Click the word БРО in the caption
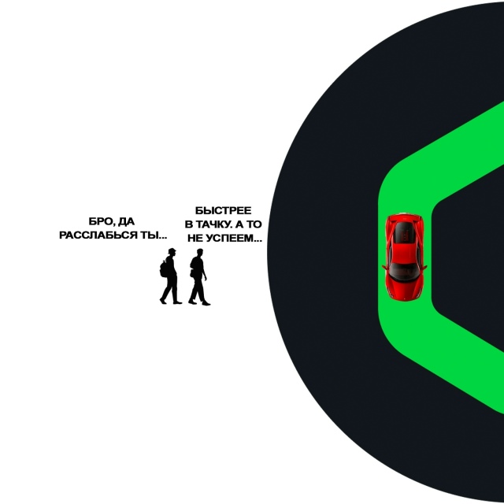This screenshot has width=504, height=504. (100, 221)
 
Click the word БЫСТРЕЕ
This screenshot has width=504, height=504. (223, 210)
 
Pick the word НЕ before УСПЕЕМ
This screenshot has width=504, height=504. (196, 237)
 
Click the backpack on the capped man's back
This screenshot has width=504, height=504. (165, 269)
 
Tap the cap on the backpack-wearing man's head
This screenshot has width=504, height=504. (171, 250)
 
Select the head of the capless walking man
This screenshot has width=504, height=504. (198, 252)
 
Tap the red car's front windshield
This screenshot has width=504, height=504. (405, 270)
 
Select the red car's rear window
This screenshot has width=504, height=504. (405, 232)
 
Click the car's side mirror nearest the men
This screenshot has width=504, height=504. (384, 267)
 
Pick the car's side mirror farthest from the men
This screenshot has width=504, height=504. (426, 267)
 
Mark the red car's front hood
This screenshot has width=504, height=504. (405, 288)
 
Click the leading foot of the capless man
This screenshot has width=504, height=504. (206, 302)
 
